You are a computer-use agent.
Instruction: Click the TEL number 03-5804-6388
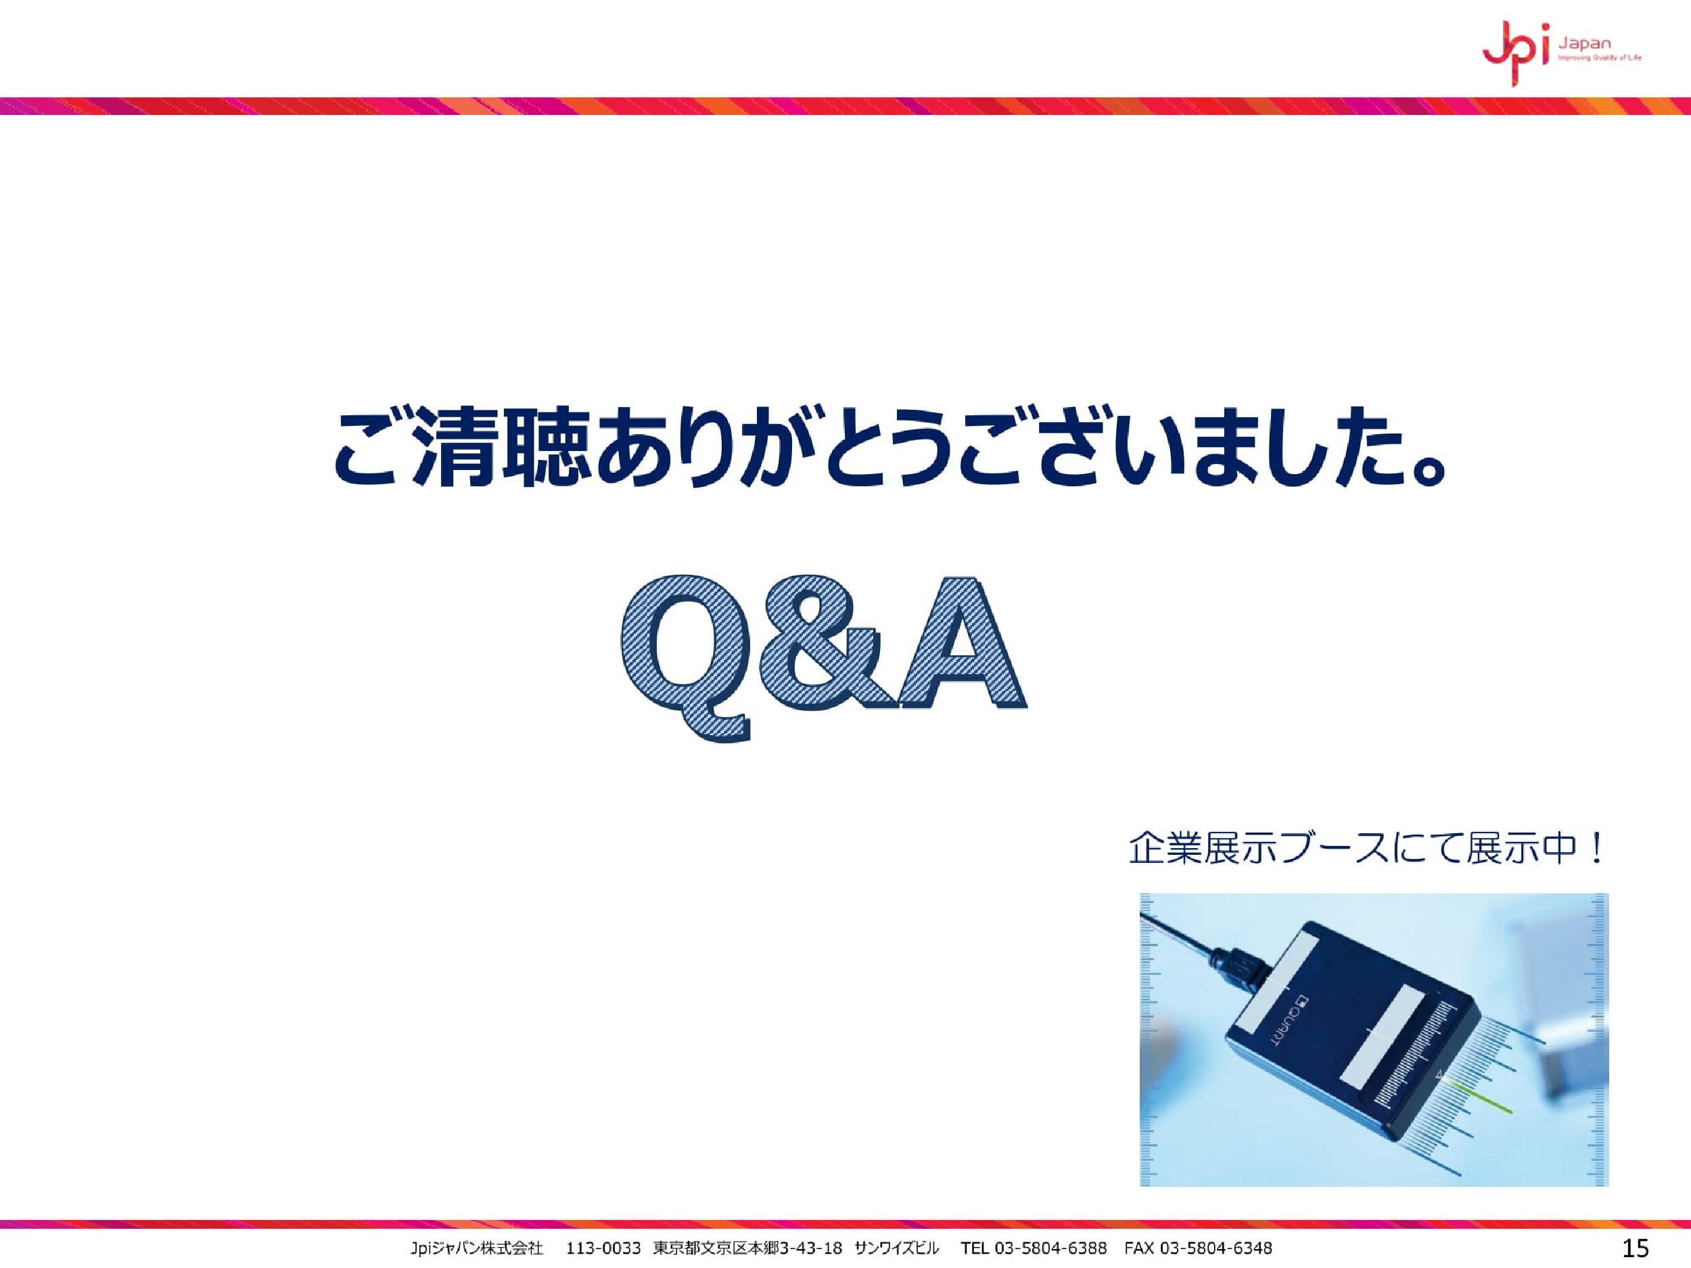[x=1050, y=1249]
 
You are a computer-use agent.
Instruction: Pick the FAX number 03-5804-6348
[x=1215, y=1249]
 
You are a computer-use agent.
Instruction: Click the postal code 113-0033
[x=603, y=1249]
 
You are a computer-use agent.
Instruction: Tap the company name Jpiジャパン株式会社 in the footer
[x=476, y=1249]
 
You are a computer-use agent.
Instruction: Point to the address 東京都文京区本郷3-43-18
[x=747, y=1249]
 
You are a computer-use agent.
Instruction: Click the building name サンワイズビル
[x=897, y=1249]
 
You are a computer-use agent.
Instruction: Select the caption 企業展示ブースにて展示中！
[x=1368, y=849]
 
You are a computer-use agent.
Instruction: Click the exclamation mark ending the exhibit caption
[x=1595, y=849]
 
